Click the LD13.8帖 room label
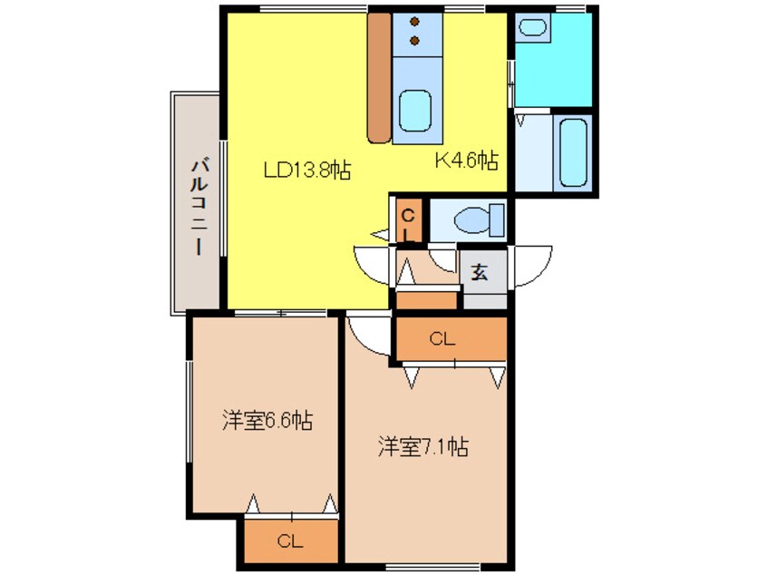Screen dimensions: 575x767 pos(307,169)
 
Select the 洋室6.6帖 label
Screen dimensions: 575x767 pos(267,421)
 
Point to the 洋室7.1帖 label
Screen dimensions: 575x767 pos(422,447)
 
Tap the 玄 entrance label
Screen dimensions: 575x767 pos(481,271)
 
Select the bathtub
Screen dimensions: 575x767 pos(573,153)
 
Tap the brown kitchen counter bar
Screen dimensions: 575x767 pos(378,77)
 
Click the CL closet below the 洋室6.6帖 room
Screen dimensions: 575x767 pos(289,542)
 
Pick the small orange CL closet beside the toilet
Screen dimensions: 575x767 pos(409,222)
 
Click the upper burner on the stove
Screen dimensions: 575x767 pos(414,22)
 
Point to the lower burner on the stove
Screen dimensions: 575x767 pos(414,41)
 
